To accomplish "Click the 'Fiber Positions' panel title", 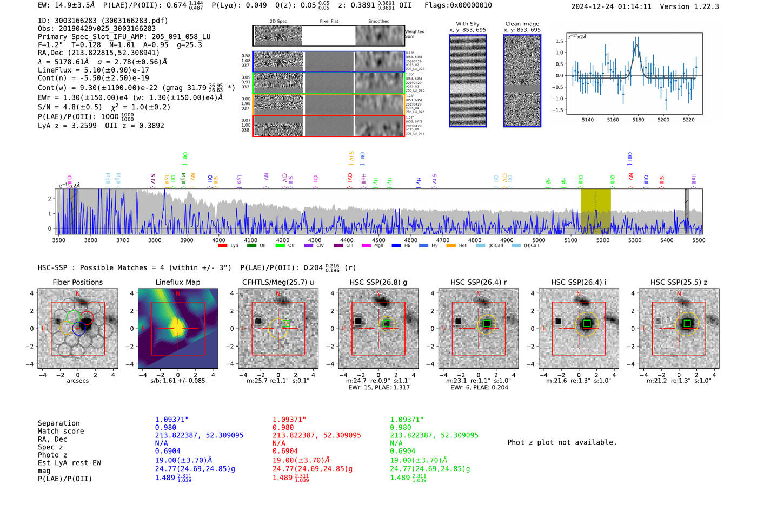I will click(77, 282).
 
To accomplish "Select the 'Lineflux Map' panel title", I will click(177, 282).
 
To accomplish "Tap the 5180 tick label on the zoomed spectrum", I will click(638, 120).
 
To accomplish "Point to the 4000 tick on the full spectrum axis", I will click(218, 240).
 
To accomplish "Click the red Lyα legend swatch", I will click(222, 246).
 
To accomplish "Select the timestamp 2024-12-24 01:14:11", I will click(611, 6).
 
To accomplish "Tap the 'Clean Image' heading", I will click(522, 24).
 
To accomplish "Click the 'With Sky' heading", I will click(467, 24).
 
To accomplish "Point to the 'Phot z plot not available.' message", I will click(562, 442).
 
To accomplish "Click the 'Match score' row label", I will click(61, 431).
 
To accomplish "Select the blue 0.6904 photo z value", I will click(167, 451).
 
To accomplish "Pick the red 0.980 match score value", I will click(283, 427).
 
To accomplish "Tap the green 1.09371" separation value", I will click(407, 420).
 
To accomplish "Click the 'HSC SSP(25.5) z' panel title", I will click(679, 282).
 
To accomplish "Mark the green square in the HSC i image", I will click(587, 323).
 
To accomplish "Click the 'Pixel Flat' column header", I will click(329, 22).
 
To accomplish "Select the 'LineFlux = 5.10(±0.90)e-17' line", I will click(93, 70).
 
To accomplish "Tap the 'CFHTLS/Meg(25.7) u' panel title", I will click(278, 282).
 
